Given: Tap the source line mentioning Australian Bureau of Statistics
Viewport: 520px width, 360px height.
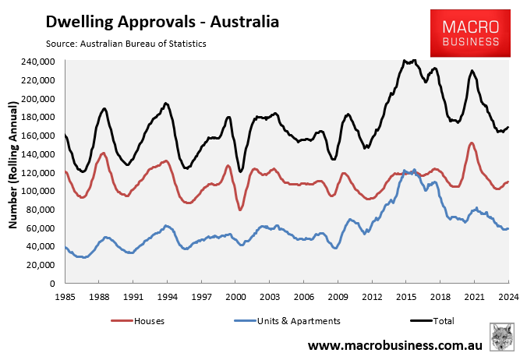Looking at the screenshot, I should coord(126,44).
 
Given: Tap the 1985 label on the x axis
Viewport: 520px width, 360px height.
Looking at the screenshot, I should coord(66,297).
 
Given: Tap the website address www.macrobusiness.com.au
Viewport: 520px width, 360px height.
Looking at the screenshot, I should coord(395,344).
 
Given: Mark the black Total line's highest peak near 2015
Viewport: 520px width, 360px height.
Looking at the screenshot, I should coord(405,60).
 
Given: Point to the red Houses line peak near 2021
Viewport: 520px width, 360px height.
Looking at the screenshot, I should coord(472,143).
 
